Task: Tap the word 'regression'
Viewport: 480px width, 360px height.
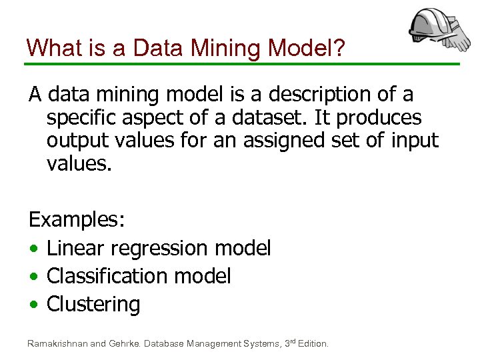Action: (x=160, y=248)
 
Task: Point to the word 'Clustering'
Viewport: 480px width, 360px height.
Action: (x=93, y=304)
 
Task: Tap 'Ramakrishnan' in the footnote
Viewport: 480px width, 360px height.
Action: (x=56, y=344)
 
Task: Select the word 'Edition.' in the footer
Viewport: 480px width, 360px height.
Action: (x=311, y=344)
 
